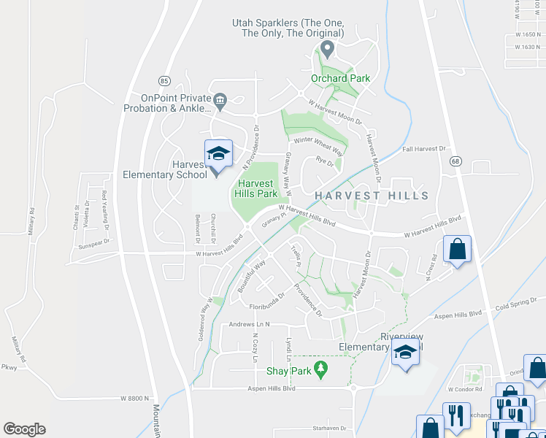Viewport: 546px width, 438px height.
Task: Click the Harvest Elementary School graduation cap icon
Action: (218, 153)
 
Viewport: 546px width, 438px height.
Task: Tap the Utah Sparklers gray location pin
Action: (328, 50)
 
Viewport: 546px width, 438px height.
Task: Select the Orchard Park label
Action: (340, 78)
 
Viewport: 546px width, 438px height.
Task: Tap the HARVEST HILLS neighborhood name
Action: (372, 196)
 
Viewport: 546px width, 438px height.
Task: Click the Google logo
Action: (24, 429)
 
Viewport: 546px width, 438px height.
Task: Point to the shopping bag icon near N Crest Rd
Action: (457, 249)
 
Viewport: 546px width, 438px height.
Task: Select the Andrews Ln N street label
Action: (250, 324)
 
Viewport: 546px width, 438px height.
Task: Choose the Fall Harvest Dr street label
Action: (423, 149)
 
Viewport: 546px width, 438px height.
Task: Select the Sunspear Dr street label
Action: (92, 242)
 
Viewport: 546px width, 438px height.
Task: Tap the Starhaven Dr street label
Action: (327, 427)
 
